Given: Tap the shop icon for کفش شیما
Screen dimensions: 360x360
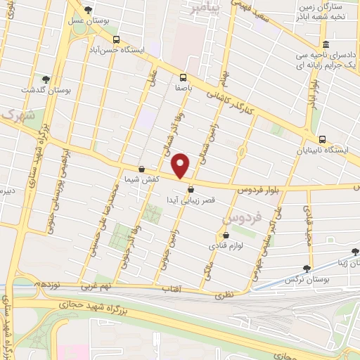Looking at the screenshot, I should coord(142,169).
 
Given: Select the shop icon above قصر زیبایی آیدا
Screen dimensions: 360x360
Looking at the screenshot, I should coord(191,188).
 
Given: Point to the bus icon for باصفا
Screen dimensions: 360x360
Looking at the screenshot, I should coord(183,77).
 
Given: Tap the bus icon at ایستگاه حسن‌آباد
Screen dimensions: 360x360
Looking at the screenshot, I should coord(116,39).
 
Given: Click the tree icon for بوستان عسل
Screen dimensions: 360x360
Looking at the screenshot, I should coord(87,10).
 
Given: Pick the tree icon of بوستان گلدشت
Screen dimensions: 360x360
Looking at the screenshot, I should coord(46,79).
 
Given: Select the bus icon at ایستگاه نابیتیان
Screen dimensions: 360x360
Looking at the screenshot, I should coord(322,139).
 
